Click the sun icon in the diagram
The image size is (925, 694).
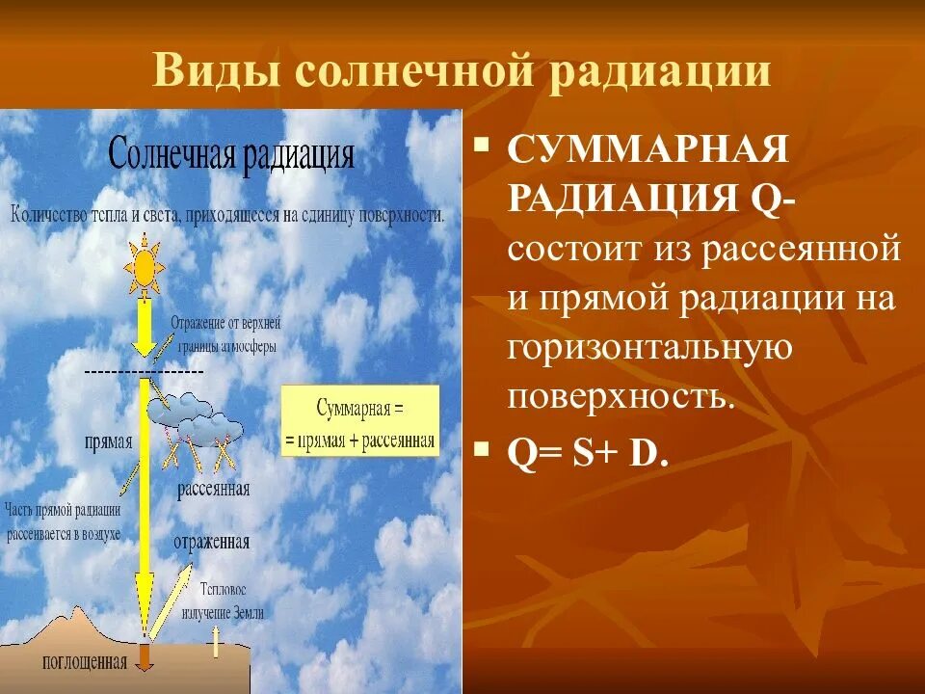[x=145, y=267]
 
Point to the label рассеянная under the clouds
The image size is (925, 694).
[x=213, y=490]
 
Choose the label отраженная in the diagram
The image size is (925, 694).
[x=212, y=542]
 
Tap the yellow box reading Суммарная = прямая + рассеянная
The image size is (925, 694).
[x=359, y=421]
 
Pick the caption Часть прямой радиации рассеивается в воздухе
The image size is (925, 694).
[x=64, y=521]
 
